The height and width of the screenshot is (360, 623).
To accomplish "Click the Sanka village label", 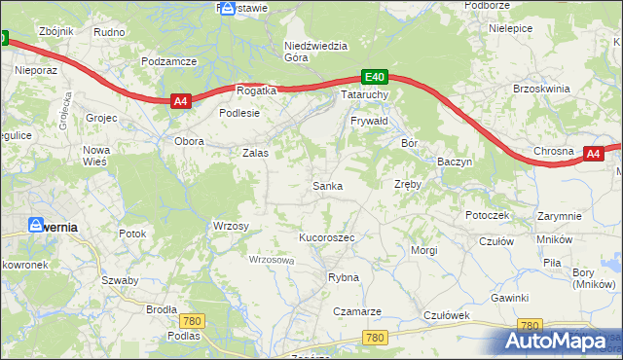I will point(326,185).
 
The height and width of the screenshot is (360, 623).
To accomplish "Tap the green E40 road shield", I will point(376,77).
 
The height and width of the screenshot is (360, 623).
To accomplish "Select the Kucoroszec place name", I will point(326,237).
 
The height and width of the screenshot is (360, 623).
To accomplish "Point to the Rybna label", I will point(344,277).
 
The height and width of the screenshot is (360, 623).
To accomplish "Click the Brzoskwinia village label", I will point(540,88).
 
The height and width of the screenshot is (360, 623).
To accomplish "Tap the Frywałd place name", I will point(369,121).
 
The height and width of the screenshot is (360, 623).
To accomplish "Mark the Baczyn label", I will point(455,162).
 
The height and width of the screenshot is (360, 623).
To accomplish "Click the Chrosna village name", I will point(554,152).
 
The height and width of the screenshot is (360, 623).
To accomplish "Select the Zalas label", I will point(255,153).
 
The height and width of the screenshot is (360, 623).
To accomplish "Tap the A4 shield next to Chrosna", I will point(595,153).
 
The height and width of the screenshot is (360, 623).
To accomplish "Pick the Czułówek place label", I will point(448,315).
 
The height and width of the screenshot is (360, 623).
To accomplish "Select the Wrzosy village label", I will point(231,226).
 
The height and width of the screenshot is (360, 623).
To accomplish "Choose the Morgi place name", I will point(424,250).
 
